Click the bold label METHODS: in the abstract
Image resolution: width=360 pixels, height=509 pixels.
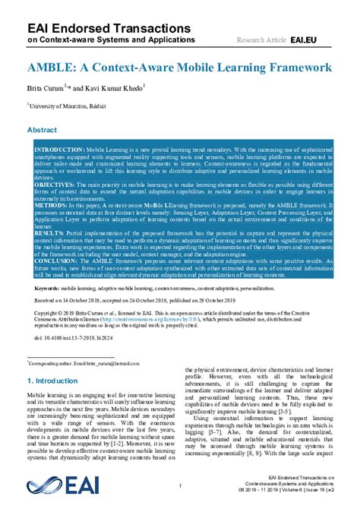51,204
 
